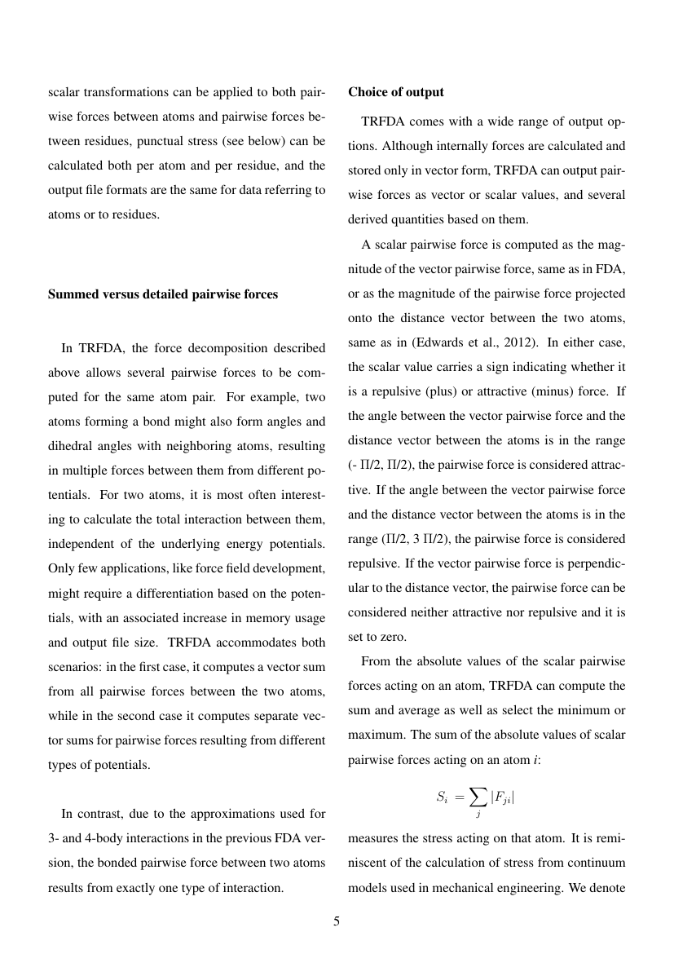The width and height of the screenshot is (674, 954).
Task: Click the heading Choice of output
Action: [x=396, y=92]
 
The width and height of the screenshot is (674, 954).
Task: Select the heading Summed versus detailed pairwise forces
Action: [x=163, y=294]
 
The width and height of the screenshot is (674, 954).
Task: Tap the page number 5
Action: [x=337, y=922]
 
